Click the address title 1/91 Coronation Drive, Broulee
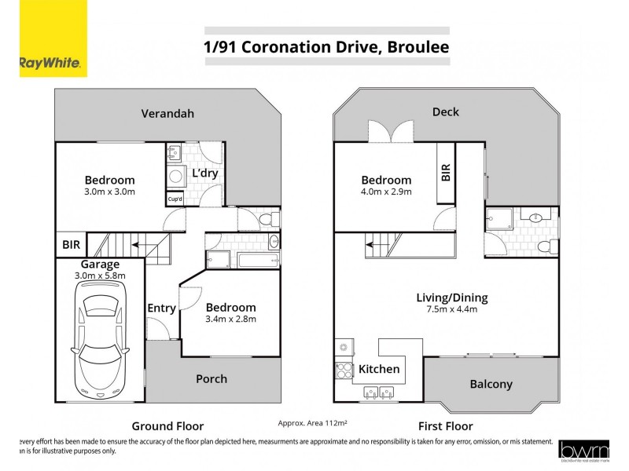tap(326, 46)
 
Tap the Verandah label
tap(167, 113)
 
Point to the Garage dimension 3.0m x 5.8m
tap(99, 276)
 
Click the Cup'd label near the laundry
tap(175, 199)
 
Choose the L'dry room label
tap(204, 173)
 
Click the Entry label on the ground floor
tap(161, 308)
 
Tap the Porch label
tap(212, 378)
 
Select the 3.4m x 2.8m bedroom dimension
tap(230, 319)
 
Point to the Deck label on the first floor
tap(446, 112)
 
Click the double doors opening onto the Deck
tap(391, 132)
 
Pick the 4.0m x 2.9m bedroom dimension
tap(386, 191)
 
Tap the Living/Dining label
tap(451, 298)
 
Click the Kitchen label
tap(379, 369)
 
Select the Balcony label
tap(491, 384)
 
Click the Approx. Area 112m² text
tap(313, 422)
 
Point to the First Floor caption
tap(445, 426)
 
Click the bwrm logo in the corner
tap(584, 449)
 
